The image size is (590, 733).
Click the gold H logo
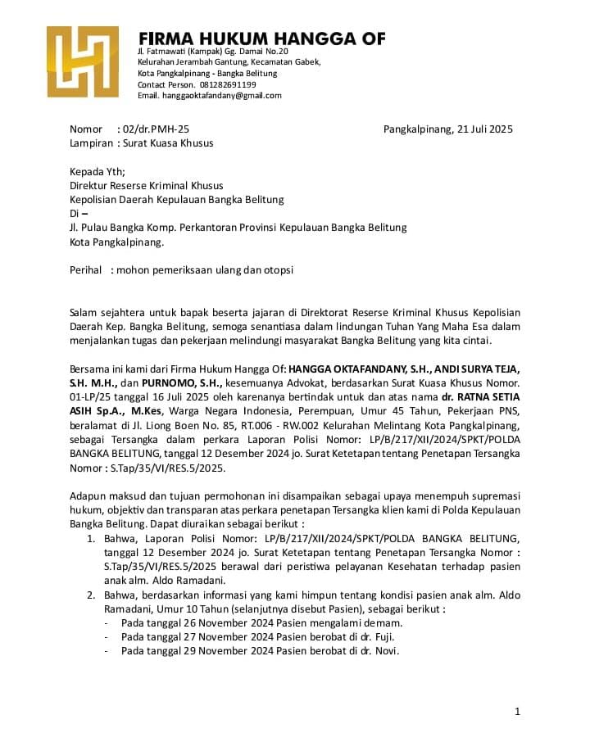[82, 61]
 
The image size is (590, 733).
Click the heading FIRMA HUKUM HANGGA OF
[261, 38]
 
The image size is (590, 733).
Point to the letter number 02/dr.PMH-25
[155, 129]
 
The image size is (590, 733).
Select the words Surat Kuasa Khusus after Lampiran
[167, 143]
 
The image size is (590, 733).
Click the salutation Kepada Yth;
[98, 172]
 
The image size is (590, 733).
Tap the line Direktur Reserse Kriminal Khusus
[147, 186]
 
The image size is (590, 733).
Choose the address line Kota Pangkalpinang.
[117, 242]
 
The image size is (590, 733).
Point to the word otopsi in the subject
[277, 269]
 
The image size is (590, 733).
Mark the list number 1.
[91, 538]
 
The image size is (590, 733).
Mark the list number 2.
[91, 594]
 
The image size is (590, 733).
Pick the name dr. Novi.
[383, 651]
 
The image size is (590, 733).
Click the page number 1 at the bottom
[517, 711]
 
